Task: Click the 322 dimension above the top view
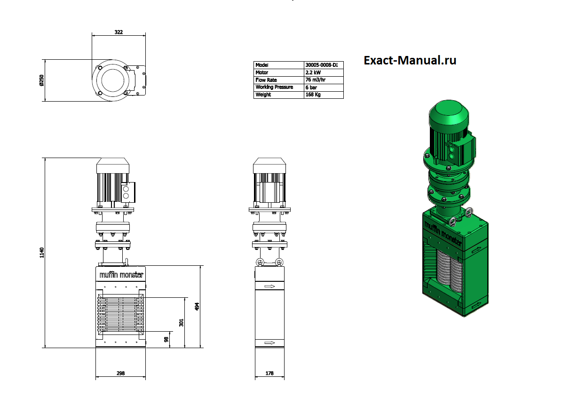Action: pyautogui.click(x=119, y=32)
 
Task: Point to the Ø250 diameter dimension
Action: pyautogui.click(x=41, y=80)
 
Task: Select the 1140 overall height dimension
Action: pyautogui.click(x=42, y=253)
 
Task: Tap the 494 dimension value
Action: pyautogui.click(x=197, y=306)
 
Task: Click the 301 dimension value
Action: pyautogui.click(x=181, y=323)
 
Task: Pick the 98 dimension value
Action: pyautogui.click(x=166, y=339)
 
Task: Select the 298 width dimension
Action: pyautogui.click(x=120, y=373)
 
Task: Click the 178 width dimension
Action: pyautogui.click(x=269, y=373)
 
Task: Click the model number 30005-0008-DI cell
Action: pyautogui.click(x=322, y=65)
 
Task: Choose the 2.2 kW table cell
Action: pyautogui.click(x=313, y=72)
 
